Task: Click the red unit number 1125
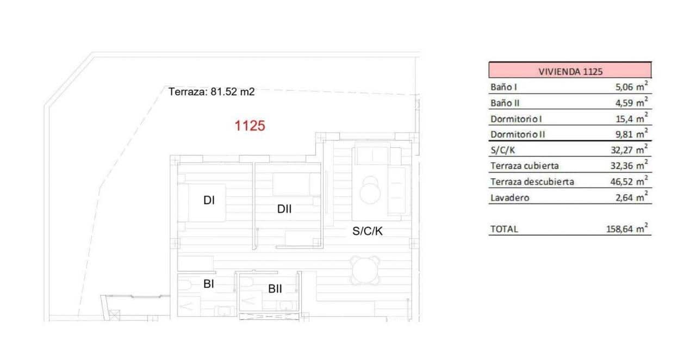(x=250, y=126)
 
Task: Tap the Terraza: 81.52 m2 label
(x=212, y=92)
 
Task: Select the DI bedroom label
(x=209, y=201)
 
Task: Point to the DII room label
(x=284, y=208)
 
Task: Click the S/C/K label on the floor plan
(x=368, y=231)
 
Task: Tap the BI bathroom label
(x=209, y=283)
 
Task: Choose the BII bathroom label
(x=275, y=289)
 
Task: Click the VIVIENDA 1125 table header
(x=569, y=71)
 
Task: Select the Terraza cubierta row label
(x=524, y=165)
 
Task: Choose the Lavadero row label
(x=509, y=197)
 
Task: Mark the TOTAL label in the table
(x=504, y=229)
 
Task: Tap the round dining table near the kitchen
(x=363, y=268)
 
